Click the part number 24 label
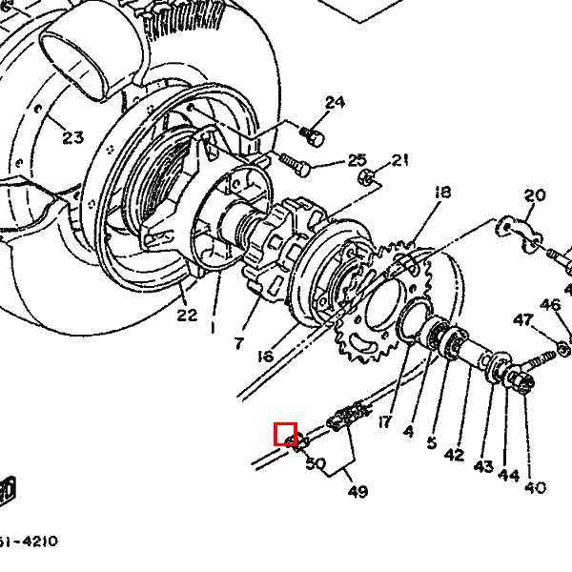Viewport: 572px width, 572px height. click(x=335, y=103)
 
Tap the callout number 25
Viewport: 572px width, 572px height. click(x=357, y=160)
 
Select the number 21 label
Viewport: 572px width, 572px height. click(x=399, y=160)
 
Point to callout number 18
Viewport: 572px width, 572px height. click(x=442, y=193)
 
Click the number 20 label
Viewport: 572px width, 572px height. click(x=535, y=195)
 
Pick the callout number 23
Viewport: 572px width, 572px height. click(x=73, y=137)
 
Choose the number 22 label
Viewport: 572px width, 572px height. click(x=187, y=315)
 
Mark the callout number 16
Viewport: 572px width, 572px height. click(x=265, y=357)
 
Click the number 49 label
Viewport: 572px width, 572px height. click(x=357, y=492)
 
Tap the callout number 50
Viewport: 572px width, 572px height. click(x=316, y=463)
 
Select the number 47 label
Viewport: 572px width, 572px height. click(x=523, y=320)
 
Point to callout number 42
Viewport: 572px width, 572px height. click(x=454, y=455)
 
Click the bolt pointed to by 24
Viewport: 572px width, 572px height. click(x=313, y=136)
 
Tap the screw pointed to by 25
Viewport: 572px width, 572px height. click(x=295, y=165)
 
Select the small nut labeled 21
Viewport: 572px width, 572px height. click(x=366, y=177)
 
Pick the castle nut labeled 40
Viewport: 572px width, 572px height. click(x=522, y=381)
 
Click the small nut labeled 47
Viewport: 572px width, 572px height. click(x=562, y=350)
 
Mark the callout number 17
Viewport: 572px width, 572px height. click(x=384, y=422)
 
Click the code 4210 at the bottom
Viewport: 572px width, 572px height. click(x=40, y=541)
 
